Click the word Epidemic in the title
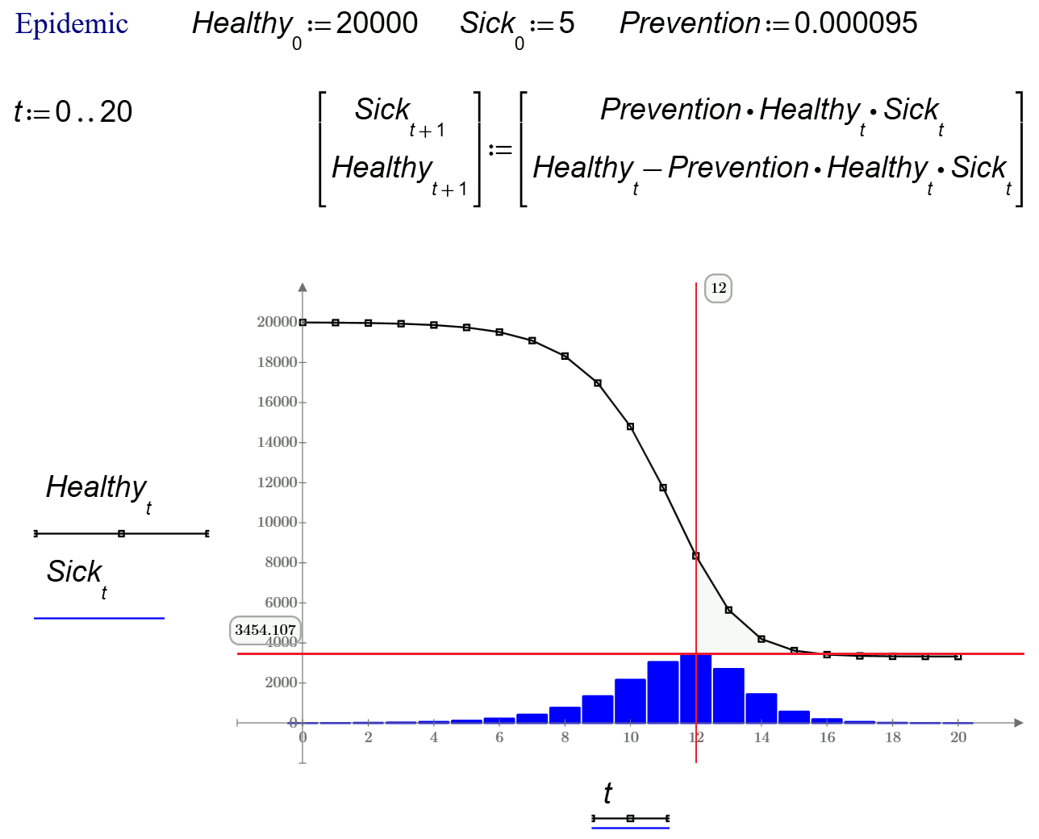(72, 24)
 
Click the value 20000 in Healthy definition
(377, 23)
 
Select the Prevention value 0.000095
(855, 23)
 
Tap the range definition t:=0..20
(73, 111)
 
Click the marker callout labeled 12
(718, 288)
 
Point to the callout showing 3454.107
(265, 630)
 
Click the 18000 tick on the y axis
(277, 362)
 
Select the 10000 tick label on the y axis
(277, 522)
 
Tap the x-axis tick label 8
(565, 737)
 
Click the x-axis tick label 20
(958, 737)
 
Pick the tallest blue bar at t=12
(695, 690)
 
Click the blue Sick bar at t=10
(630, 701)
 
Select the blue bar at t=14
(762, 708)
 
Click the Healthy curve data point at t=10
(630, 427)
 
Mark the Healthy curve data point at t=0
(303, 323)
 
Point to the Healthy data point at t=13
(728, 610)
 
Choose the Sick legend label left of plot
(75, 573)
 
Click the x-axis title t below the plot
(607, 793)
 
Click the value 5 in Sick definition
(566, 23)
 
